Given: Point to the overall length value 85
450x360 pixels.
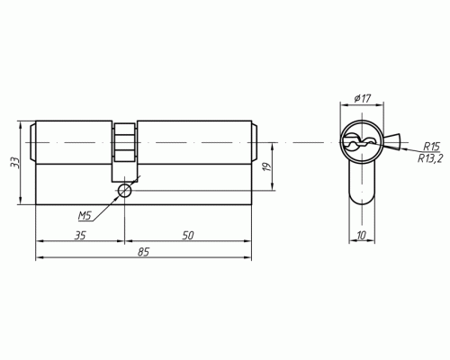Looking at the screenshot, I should click(x=144, y=253).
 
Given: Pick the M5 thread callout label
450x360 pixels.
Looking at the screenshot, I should click(x=85, y=216).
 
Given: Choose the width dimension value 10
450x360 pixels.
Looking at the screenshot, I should click(x=362, y=235).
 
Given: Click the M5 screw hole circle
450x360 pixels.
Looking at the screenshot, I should click(x=125, y=191).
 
